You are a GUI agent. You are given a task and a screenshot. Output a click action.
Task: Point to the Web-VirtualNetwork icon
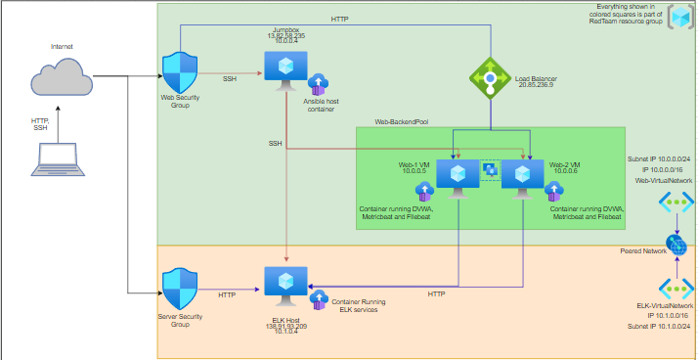click(x=676, y=202)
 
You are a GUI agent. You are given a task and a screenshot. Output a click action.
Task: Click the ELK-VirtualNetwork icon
click(x=676, y=288)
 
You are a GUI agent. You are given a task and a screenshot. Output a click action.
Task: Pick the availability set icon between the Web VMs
click(x=490, y=170)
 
